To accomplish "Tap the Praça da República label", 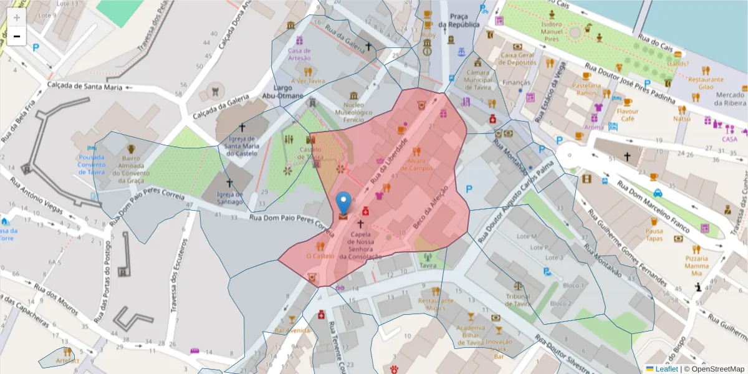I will (x=458, y=19).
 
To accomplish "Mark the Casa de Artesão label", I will (x=299, y=54).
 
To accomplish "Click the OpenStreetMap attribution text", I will (x=714, y=368).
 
